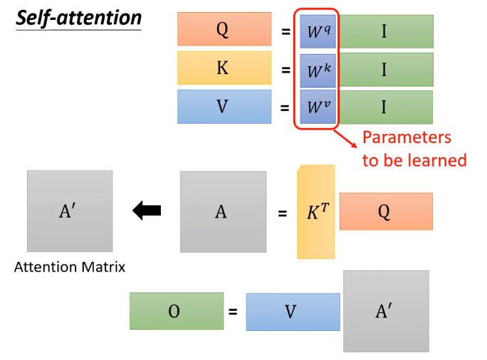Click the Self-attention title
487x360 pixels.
[79, 18]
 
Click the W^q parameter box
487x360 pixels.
[318, 31]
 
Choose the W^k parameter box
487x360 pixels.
[318, 70]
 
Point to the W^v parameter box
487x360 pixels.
[318, 108]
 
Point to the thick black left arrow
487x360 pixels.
[147, 210]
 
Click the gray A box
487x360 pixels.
[223, 211]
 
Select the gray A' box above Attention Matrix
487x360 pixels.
[69, 211]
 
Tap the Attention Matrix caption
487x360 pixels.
[70, 268]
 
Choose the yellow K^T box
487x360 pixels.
[315, 211]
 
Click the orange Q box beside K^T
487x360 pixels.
[385, 211]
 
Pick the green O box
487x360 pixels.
[176, 311]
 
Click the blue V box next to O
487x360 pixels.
[293, 312]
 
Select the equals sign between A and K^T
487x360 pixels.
[282, 212]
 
